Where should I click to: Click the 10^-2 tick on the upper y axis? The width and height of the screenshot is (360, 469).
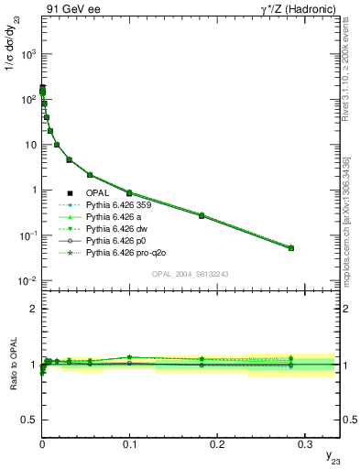[29, 280]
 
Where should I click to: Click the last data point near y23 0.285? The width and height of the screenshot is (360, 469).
[291, 248]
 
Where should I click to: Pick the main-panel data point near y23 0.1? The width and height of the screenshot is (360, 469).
[129, 193]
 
